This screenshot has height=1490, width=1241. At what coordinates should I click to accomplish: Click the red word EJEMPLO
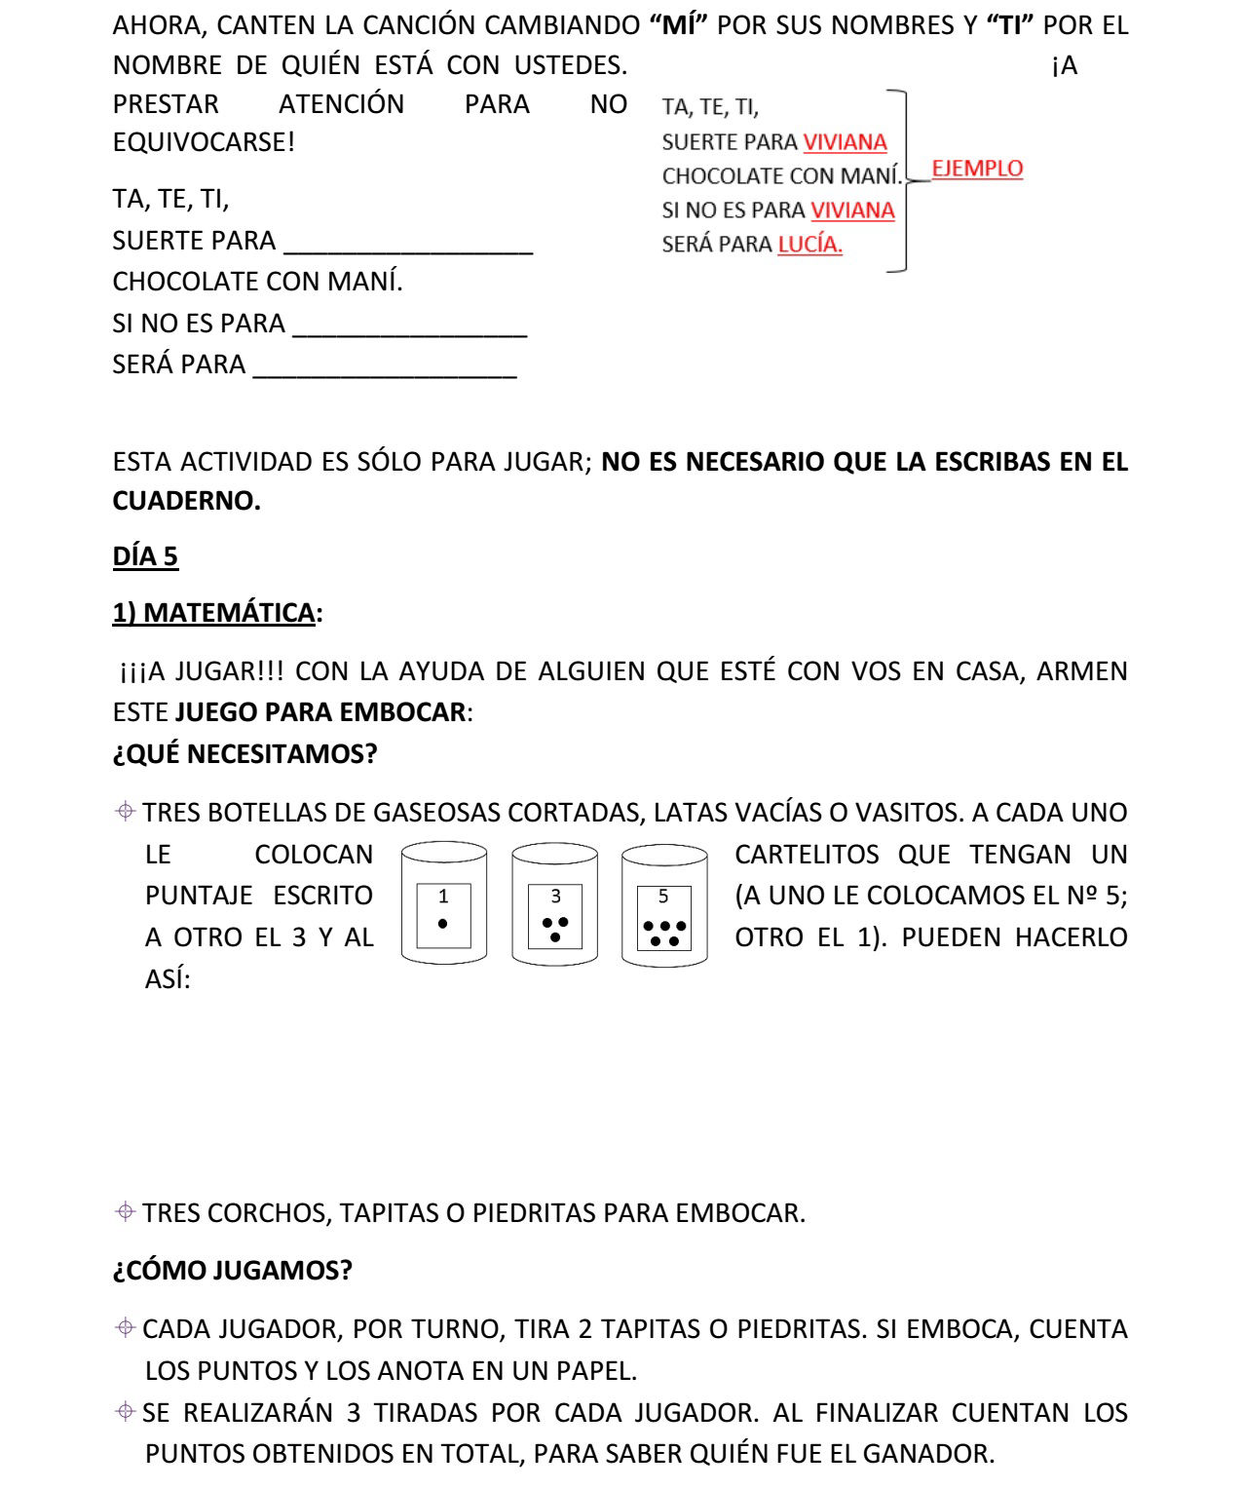point(977,169)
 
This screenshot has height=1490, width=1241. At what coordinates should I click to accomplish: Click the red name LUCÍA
point(809,245)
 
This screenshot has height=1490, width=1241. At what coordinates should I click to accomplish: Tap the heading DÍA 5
point(145,556)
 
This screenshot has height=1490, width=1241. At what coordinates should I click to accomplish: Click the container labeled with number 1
point(444,904)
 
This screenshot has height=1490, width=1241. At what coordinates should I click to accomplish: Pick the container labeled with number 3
point(554,904)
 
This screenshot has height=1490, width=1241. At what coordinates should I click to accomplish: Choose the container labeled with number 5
point(664,904)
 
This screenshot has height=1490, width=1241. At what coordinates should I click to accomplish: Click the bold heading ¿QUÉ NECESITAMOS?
point(244,754)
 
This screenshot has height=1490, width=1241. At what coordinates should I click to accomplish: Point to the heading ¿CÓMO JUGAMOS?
point(232,1271)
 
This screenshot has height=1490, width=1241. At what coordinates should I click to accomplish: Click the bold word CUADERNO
point(186,501)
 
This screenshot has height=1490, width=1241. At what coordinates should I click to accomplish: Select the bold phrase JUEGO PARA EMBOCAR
point(320,712)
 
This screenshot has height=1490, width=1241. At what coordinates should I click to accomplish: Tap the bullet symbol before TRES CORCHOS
point(125,1212)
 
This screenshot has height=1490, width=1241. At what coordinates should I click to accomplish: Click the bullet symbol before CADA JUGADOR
point(125,1328)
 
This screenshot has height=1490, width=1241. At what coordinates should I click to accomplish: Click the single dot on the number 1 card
point(443,923)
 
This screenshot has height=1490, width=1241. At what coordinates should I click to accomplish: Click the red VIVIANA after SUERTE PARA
point(845,142)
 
